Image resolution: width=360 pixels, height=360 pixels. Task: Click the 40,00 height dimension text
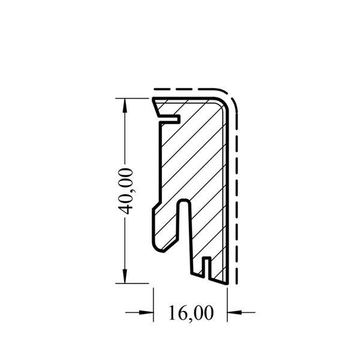coord(125,191)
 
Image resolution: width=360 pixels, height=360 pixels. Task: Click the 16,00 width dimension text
coord(191,313)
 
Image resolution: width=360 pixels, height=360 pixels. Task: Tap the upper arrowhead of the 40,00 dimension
coord(125,106)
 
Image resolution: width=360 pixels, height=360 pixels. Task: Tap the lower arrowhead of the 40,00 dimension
coord(125,276)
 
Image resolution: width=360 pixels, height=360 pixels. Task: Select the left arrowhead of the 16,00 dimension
coord(146,313)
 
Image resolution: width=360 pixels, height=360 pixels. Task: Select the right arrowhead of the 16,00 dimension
coord(235,313)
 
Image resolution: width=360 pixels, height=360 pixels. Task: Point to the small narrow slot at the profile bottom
coord(206,268)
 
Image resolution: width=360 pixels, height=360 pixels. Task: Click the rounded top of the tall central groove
coord(185,202)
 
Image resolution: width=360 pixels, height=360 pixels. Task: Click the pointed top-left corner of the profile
coord(154,99)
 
